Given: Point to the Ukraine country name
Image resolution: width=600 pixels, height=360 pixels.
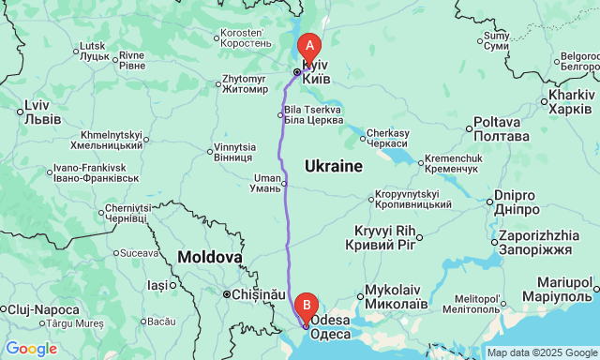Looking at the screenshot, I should [x=333, y=166].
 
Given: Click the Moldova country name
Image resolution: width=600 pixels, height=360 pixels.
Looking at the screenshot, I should [x=209, y=256].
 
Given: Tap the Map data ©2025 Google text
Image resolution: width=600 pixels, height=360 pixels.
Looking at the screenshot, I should [x=541, y=352].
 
